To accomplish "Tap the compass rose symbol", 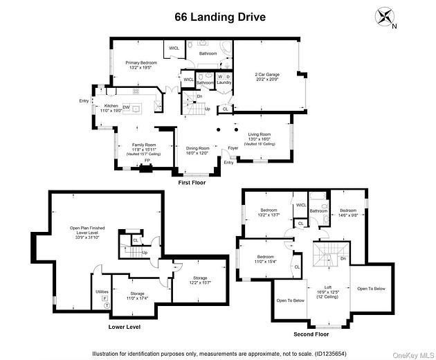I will (x=384, y=17).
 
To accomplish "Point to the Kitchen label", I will (x=111, y=108).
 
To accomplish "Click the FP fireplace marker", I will (x=146, y=161).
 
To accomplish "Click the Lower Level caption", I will (x=125, y=326).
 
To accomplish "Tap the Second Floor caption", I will (x=312, y=333).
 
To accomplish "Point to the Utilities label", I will (x=102, y=291).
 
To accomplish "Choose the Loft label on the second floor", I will (x=329, y=289).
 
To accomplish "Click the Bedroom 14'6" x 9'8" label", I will (x=348, y=212).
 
